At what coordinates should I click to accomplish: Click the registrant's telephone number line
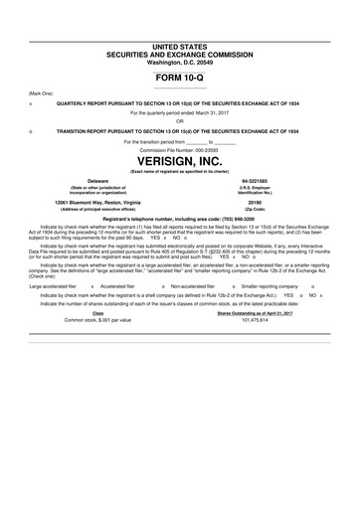[x=180, y=217]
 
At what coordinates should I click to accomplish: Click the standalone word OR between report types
[x=180, y=121]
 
